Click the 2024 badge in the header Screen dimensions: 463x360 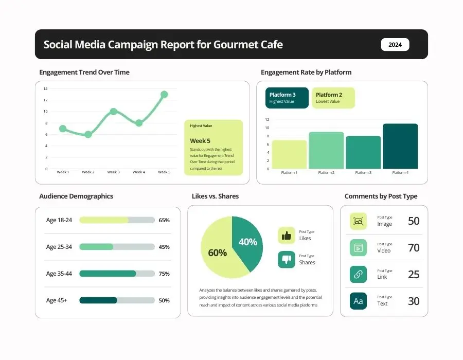click(395, 45)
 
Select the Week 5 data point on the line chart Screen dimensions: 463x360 click(164, 95)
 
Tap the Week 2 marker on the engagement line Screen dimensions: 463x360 click(88, 135)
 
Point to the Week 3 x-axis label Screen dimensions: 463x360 click(113, 172)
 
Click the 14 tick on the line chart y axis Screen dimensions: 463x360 click(45, 89)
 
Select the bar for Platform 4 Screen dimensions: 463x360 click(400, 147)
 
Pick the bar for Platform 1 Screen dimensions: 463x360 click(289, 155)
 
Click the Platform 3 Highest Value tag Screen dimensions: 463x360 click(287, 98)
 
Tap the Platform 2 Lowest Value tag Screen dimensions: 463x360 click(333, 98)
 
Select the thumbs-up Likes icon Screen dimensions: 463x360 click(287, 236)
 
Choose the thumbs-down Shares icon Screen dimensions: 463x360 click(287, 260)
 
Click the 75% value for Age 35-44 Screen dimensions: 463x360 click(164, 274)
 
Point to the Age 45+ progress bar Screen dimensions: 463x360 click(117, 300)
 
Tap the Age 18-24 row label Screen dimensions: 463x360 click(59, 220)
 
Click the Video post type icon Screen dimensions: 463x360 click(358, 248)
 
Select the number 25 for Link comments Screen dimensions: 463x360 click(414, 275)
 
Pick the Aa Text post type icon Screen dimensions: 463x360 click(358, 301)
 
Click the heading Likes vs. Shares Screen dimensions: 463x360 click(215, 196)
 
